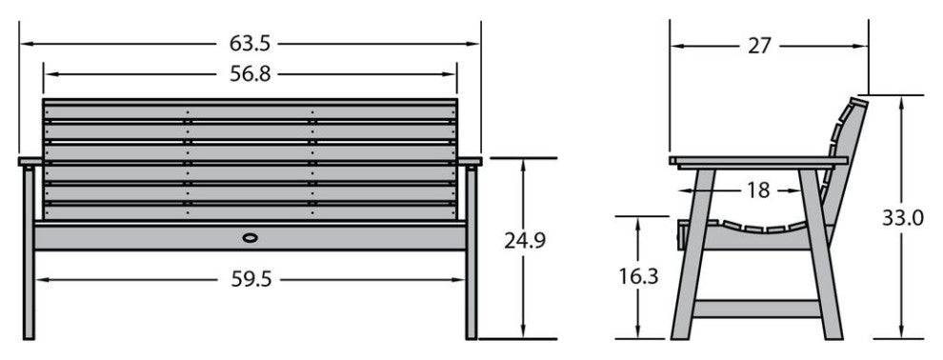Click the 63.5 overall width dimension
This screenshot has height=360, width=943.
[250, 44]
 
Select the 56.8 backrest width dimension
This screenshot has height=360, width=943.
[250, 74]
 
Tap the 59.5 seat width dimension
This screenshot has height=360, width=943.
[251, 279]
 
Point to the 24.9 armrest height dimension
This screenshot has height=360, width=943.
[525, 240]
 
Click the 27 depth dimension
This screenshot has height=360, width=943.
[759, 46]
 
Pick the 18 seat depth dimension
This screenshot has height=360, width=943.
[758, 190]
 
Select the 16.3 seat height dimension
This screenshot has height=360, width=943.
[639, 276]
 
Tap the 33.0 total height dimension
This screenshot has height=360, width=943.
[903, 217]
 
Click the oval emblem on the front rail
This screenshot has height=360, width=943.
[250, 238]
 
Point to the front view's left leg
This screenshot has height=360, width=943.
[29, 252]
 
